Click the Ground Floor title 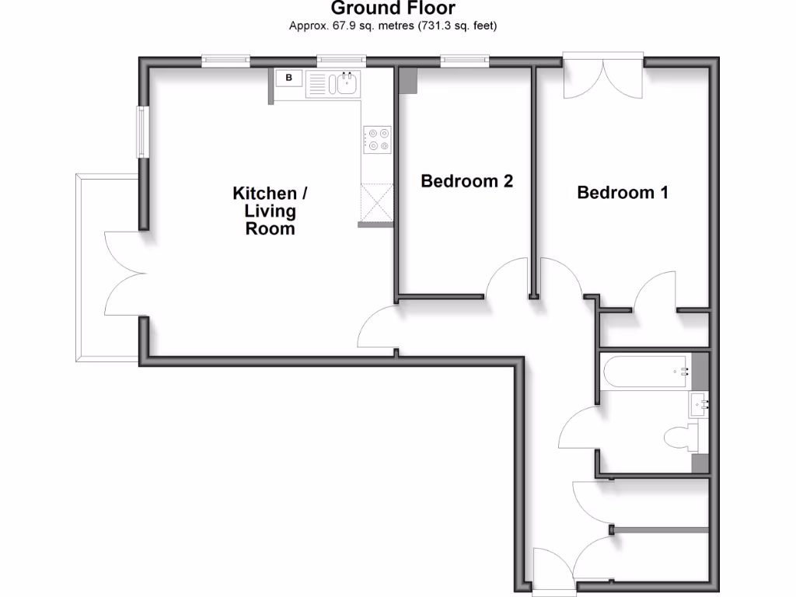pos(393,9)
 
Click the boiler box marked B pos(289,78)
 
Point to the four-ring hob pos(379,139)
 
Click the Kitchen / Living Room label pos(265,211)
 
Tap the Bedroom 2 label pos(466,181)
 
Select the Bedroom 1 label pos(623,192)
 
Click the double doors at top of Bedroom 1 pos(603,76)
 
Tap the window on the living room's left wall pos(142,131)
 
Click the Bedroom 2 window pos(464,59)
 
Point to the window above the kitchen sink pos(341,59)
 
